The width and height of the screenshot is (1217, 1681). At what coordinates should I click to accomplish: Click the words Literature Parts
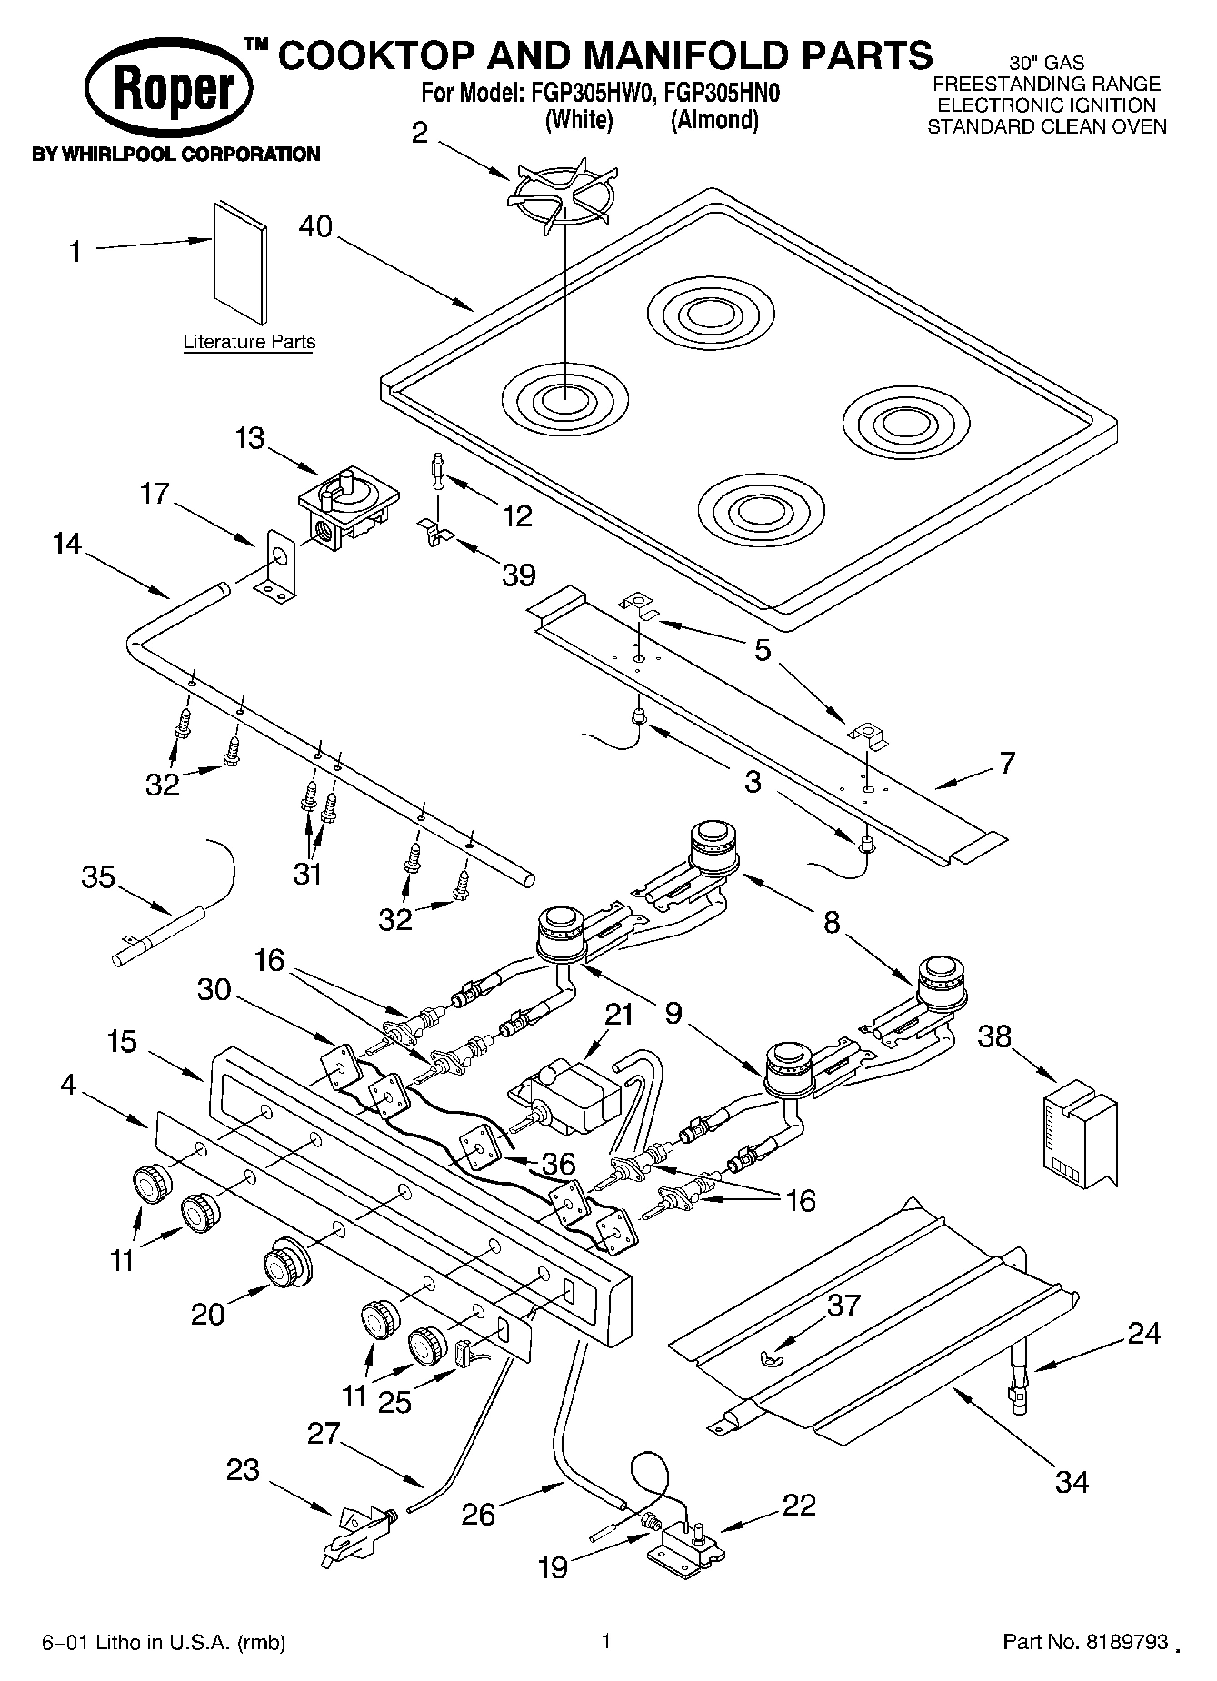(x=249, y=343)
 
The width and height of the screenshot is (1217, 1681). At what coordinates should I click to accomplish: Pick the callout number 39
(x=519, y=575)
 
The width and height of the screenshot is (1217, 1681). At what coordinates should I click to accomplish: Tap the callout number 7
(x=1007, y=762)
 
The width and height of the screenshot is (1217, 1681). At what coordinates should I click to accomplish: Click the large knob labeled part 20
(x=285, y=1263)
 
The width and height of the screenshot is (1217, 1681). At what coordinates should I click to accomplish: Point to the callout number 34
(x=1072, y=1482)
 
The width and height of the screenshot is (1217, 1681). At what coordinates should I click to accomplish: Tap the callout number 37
(x=844, y=1306)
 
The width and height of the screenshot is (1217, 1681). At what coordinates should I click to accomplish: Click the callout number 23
(x=244, y=1470)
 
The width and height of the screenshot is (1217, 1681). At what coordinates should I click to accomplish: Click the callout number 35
(x=98, y=877)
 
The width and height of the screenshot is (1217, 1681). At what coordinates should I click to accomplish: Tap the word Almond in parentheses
(x=713, y=120)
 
